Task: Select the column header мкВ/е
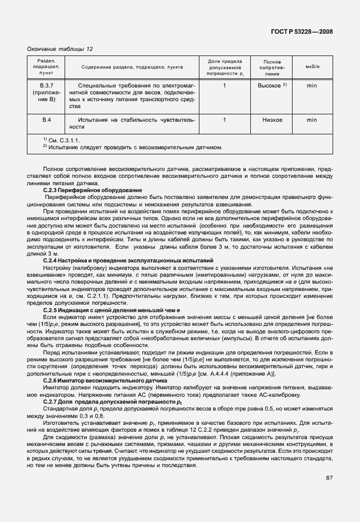pyautogui.click(x=312, y=67)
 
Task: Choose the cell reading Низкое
pyautogui.click(x=272, y=120)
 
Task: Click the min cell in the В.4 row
pyautogui.click(x=312, y=120)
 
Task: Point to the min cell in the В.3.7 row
pyautogui.click(x=312, y=85)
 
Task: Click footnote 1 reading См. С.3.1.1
pyautogui.click(x=61, y=140)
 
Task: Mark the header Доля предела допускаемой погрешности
pyautogui.click(x=225, y=67)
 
